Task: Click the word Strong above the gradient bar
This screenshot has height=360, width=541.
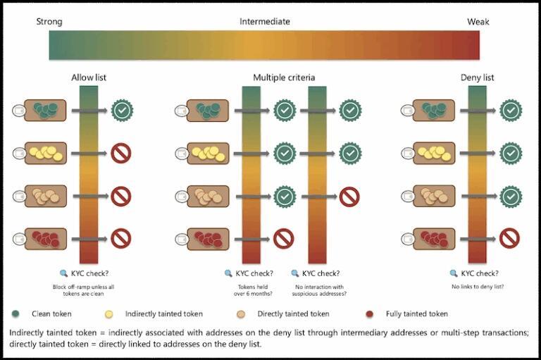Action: pyautogui.click(x=49, y=22)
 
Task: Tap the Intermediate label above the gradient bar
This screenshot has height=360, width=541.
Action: pyautogui.click(x=264, y=22)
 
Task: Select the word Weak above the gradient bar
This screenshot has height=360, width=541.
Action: pyautogui.click(x=478, y=22)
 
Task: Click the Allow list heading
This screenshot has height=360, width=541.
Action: pyautogui.click(x=89, y=77)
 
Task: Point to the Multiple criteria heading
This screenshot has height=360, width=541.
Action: pyautogui.click(x=284, y=77)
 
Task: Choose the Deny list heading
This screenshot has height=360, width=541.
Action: pyautogui.click(x=478, y=77)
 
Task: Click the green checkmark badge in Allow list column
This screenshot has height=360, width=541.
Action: pyautogui.click(x=123, y=111)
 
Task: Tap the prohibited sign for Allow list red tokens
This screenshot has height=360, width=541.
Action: pyautogui.click(x=123, y=238)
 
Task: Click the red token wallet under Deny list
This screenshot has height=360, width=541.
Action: pyautogui.click(x=434, y=238)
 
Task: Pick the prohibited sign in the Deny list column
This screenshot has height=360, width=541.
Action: pyautogui.click(x=509, y=238)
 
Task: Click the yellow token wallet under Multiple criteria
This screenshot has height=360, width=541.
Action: pyautogui.click(x=208, y=153)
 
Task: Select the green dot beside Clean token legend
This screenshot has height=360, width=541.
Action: pyautogui.click(x=15, y=314)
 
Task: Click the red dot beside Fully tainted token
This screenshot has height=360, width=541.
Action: pyautogui.click(x=370, y=314)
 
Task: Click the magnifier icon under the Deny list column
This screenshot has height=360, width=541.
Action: pyautogui.click(x=453, y=273)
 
